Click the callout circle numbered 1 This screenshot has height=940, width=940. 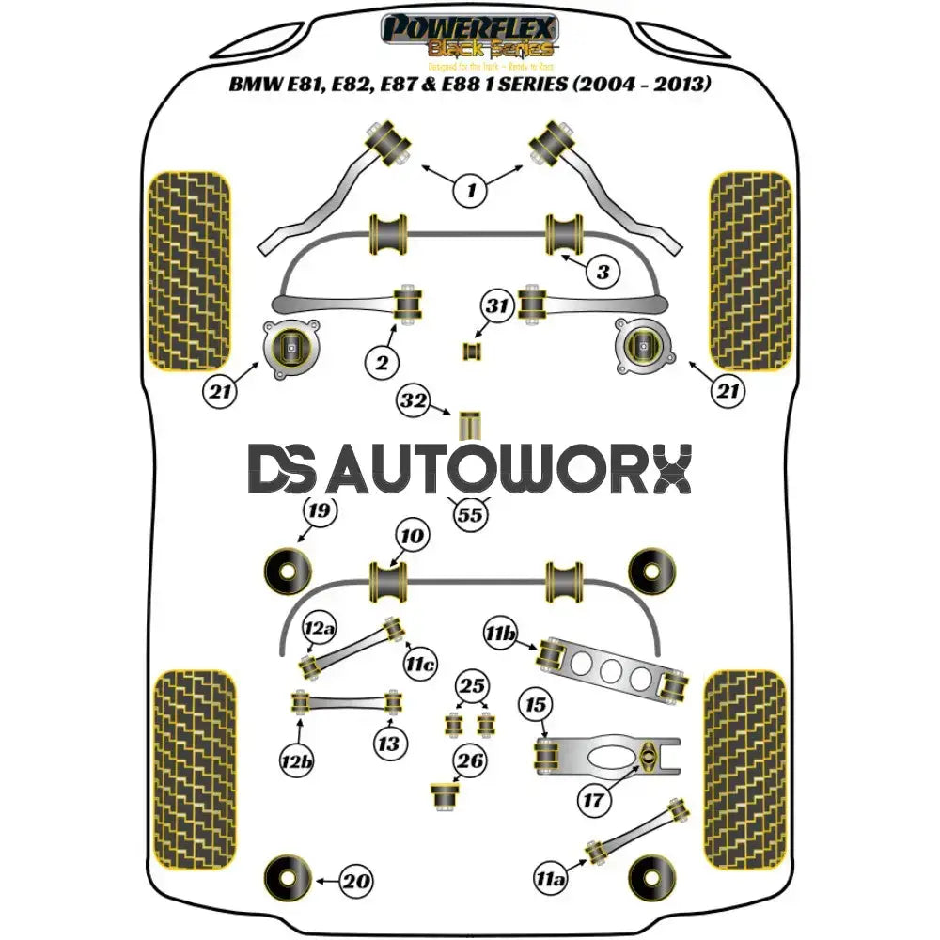click(x=471, y=192)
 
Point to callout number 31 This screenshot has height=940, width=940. click(x=498, y=305)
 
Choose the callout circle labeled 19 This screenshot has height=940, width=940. click(x=320, y=512)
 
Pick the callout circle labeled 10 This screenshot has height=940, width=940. click(x=412, y=537)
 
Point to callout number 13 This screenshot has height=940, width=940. click(x=388, y=744)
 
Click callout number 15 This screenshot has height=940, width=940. click(x=535, y=705)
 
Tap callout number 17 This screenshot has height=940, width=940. click(x=594, y=801)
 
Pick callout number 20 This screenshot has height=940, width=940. click(x=356, y=882)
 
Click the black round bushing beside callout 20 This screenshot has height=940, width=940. click(x=288, y=878)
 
